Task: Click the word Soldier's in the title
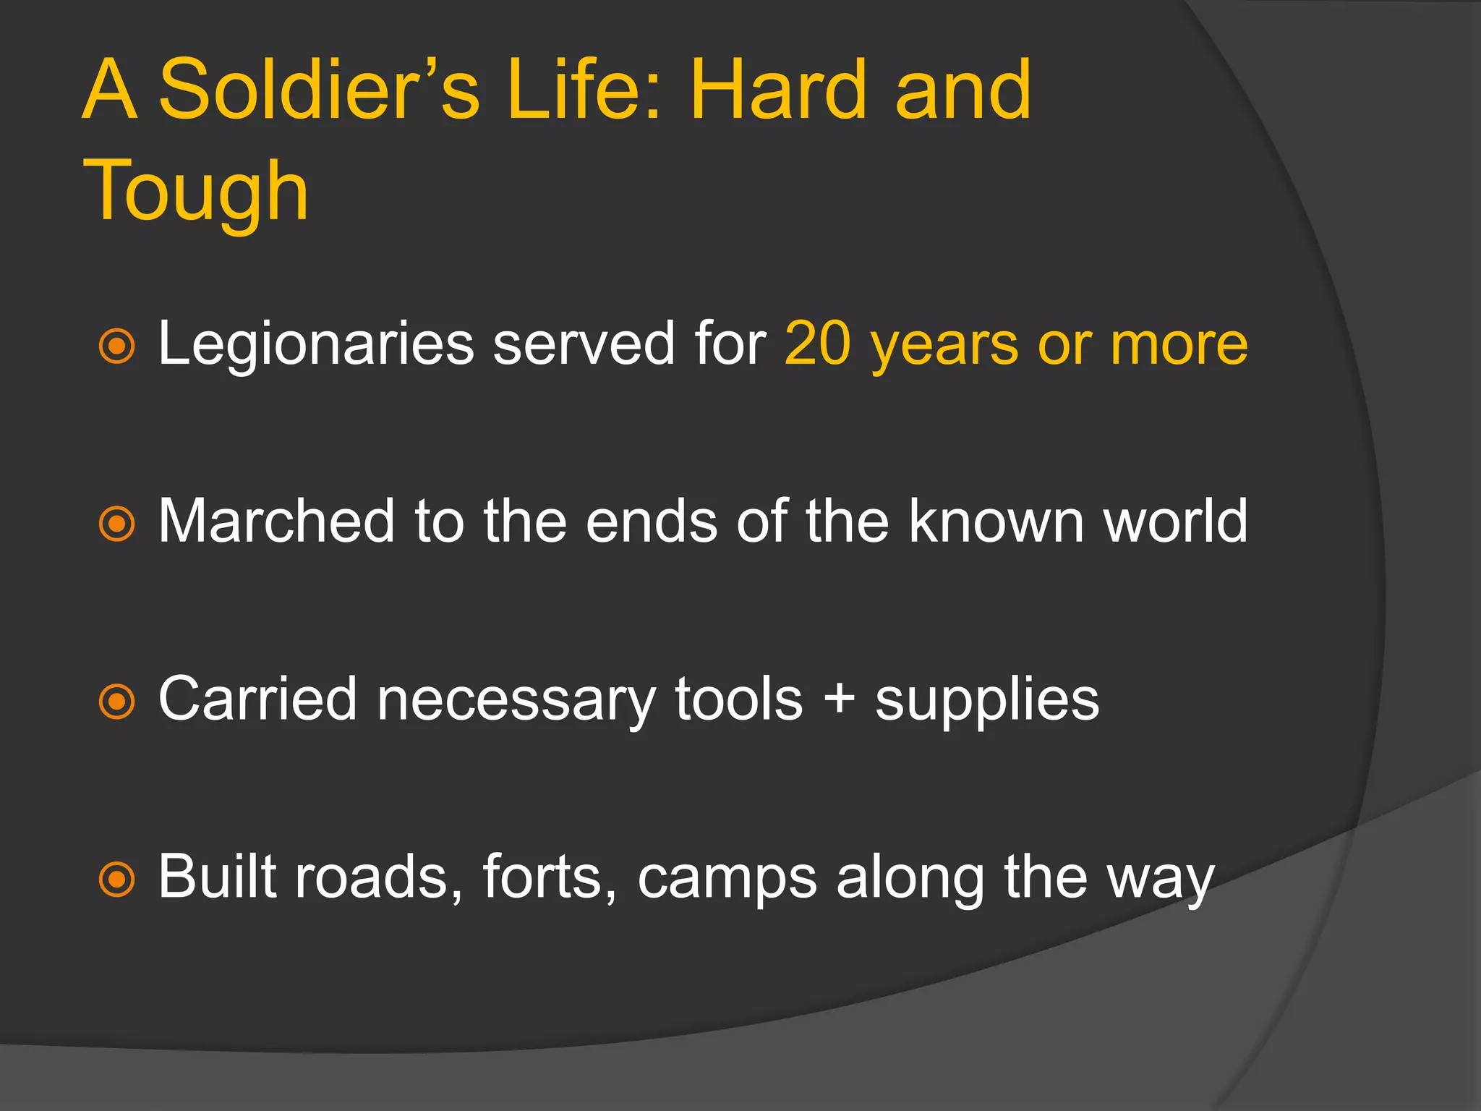[319, 90]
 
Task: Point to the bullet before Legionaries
[116, 346]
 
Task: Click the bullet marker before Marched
[116, 524]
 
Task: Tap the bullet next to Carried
[116, 701]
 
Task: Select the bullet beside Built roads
[116, 880]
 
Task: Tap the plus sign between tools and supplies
[840, 700]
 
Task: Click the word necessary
[516, 700]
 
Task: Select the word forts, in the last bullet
[550, 877]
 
